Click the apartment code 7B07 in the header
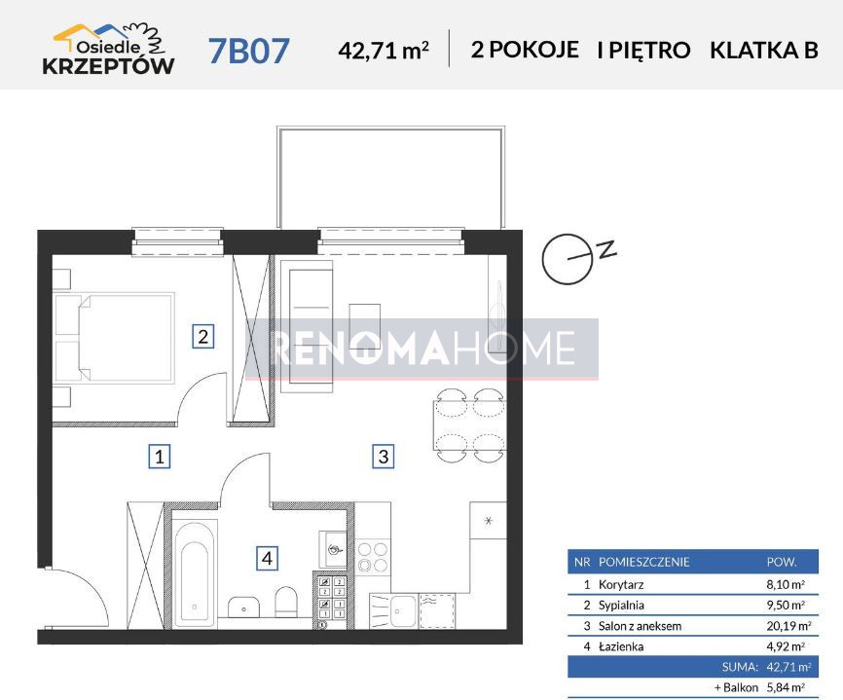point(249,51)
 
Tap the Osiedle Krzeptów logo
point(109,50)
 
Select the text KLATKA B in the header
point(764,50)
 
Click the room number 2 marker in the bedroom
point(203,337)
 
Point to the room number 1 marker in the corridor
point(159,457)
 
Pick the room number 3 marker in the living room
point(383,457)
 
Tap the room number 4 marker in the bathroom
point(267,558)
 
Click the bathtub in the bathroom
point(194,574)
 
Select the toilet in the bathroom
point(286,602)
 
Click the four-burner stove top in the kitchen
point(373,557)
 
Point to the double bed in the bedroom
point(114,338)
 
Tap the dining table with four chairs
point(470,424)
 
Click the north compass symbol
point(578,258)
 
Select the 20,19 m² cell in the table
point(788,626)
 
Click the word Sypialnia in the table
point(621,606)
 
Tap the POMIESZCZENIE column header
point(644,563)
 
